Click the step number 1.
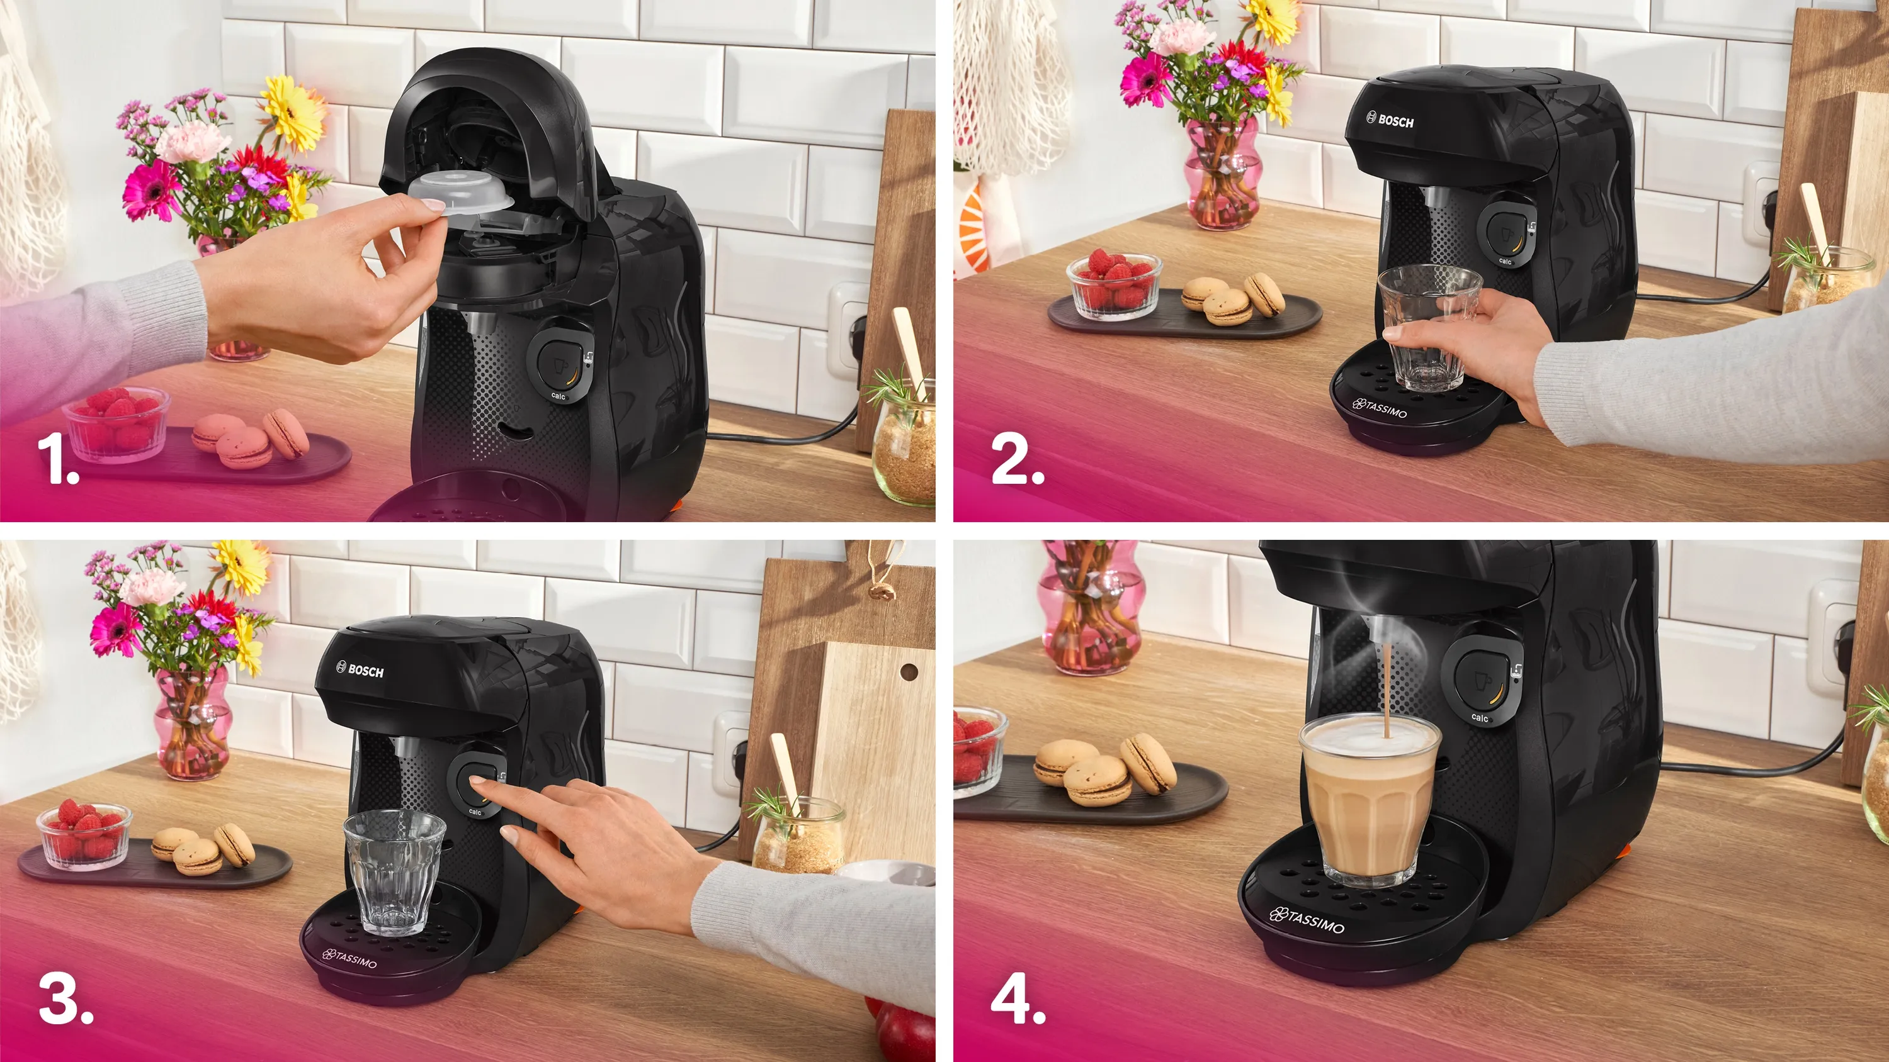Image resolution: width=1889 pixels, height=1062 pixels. pos(58,461)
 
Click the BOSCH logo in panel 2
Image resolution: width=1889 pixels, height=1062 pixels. pos(1390,120)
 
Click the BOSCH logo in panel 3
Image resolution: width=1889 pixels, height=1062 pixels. pos(360,670)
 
